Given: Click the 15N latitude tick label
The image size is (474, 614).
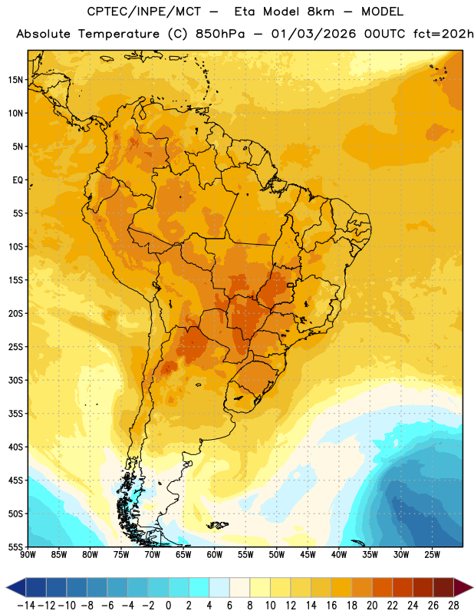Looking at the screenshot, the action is tap(15, 80).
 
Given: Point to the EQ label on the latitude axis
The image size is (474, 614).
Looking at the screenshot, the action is tap(18, 180).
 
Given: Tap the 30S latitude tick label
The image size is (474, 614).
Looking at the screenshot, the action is tap(15, 380).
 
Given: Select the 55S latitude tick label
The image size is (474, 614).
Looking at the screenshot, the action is tap(15, 547).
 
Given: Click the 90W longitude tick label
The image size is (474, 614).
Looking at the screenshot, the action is tap(28, 555).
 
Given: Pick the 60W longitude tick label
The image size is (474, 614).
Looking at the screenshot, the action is tap(215, 555).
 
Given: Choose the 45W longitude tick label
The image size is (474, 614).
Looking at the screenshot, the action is tap(308, 555).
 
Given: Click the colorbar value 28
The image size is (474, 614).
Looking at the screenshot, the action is tap(453, 606).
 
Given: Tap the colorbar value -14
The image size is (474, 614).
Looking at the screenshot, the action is tap(26, 606).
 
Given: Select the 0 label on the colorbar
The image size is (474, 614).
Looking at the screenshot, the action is tap(168, 606).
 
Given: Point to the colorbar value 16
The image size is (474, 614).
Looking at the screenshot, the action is tap(331, 606).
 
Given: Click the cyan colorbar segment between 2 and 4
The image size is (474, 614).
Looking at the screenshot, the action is tap(199, 587).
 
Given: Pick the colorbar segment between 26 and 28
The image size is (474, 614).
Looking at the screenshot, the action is tap(443, 587).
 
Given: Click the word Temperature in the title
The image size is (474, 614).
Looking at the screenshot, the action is tap(119, 34).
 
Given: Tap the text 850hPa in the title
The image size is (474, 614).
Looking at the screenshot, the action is tap(220, 34).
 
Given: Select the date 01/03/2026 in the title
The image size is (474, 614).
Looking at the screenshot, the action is tap(314, 34).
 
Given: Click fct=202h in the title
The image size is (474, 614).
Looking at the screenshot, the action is tap(443, 34).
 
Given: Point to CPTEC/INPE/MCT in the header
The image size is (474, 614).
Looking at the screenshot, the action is tap(144, 12).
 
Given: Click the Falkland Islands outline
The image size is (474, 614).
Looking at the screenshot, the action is tap(217, 525).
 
